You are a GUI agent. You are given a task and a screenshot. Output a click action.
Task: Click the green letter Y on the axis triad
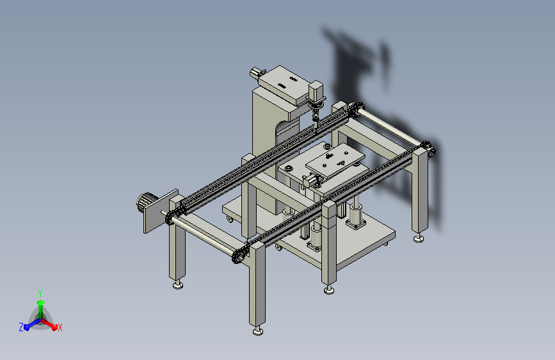(x=40, y=293)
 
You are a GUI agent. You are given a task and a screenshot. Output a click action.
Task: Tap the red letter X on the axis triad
(x=60, y=327)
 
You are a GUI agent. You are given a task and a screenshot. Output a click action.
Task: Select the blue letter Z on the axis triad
(x=21, y=327)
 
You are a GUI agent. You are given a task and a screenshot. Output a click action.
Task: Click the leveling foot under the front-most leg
(x=258, y=331)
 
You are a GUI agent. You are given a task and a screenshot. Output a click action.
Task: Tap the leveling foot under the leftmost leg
(x=178, y=284)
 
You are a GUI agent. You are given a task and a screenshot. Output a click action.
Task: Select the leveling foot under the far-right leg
(x=419, y=238)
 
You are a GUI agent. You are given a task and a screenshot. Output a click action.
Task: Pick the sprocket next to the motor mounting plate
(x=172, y=217)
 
